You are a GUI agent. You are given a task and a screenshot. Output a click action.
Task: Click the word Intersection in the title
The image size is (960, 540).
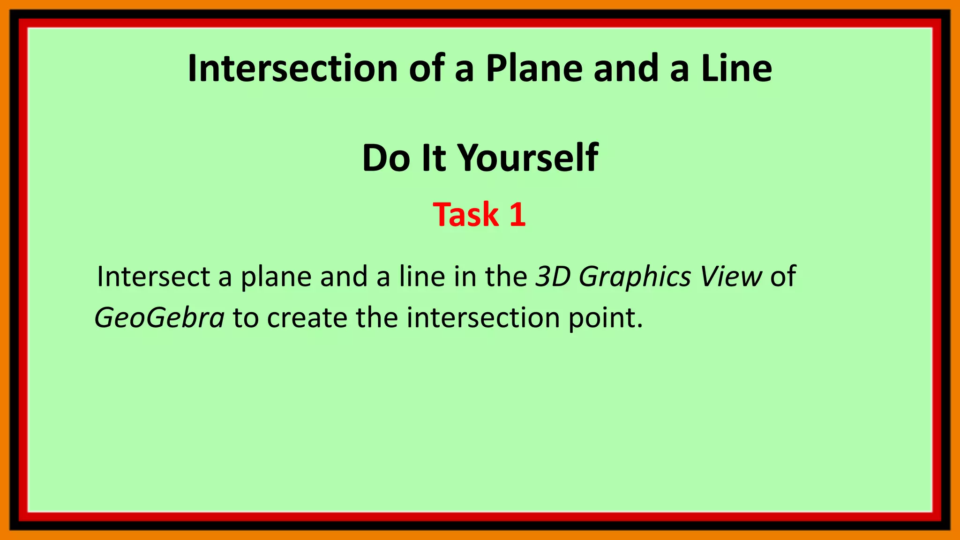(x=293, y=68)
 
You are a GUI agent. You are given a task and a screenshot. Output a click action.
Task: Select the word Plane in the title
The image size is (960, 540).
(x=534, y=68)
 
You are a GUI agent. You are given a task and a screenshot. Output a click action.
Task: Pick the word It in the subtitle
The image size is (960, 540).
(x=434, y=158)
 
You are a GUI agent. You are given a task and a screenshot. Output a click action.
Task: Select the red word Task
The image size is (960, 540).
(x=465, y=215)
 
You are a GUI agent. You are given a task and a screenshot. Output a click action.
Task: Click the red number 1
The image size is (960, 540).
(x=517, y=215)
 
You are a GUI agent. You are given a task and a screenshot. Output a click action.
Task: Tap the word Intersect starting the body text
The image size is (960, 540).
(x=153, y=277)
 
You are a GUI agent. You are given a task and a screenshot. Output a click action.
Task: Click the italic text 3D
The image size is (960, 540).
(x=553, y=277)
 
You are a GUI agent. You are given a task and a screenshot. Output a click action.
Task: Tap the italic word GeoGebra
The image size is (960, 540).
(x=159, y=318)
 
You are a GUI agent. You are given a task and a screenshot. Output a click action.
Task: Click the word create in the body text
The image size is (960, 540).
(x=307, y=318)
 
